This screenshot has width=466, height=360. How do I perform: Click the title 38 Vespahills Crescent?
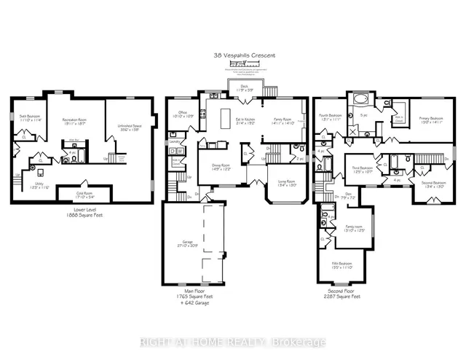(233, 55)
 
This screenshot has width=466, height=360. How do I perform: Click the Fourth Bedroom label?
(330, 115)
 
